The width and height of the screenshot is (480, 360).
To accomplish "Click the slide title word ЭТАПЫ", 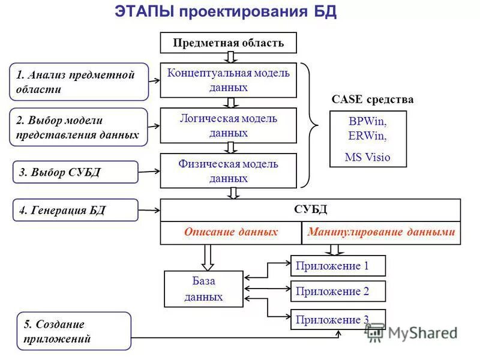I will point(143,12).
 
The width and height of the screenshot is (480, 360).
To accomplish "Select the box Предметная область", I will point(228,43).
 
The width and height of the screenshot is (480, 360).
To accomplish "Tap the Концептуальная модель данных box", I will point(228,80).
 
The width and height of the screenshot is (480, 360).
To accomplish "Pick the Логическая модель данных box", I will point(228,125).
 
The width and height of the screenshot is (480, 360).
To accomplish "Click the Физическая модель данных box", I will point(228,170).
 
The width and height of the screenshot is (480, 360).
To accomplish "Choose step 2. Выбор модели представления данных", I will point(79,127).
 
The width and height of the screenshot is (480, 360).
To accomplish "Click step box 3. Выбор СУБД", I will point(76,172).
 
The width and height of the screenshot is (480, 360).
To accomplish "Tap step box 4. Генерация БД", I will point(76,210).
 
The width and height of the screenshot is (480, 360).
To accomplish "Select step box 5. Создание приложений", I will point(74,331).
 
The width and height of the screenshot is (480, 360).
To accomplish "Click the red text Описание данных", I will point(230,232).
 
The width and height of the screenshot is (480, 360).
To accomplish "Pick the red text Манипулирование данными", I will point(381,232).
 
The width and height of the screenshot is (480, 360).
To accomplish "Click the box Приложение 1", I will point(338,266).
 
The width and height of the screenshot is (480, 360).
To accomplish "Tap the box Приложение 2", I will point(338,292).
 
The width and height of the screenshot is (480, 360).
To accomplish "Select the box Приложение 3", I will point(338,319).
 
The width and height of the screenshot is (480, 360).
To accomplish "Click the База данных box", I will point(203,289).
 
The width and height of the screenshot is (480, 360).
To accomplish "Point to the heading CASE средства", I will point(373,99).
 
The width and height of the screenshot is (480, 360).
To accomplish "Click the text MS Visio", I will point(368,157).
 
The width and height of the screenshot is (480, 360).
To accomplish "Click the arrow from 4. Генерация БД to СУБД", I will point(149,210).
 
